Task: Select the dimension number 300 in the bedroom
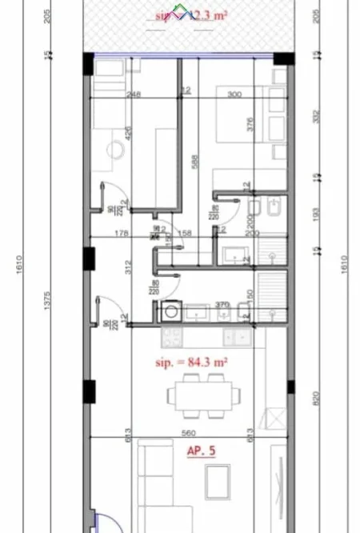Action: [x=234, y=94]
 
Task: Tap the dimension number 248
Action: [x=134, y=94]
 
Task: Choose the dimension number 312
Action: [x=129, y=270]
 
